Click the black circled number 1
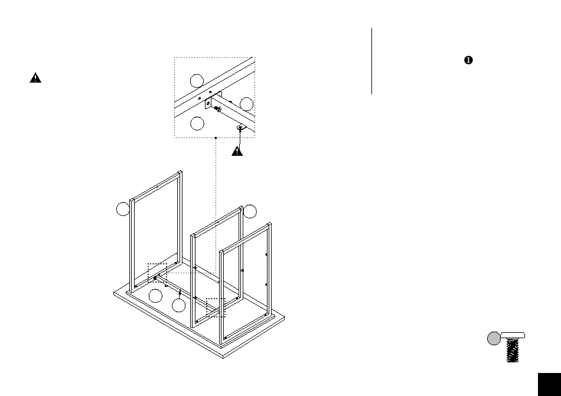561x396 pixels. click(468, 60)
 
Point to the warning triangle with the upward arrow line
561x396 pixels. click(237, 150)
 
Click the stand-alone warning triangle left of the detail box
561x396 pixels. click(35, 78)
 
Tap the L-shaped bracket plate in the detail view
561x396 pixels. click(209, 104)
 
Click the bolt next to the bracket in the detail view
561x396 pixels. click(218, 109)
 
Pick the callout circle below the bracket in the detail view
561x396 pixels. click(198, 123)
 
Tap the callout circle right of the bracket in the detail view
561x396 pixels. click(247, 104)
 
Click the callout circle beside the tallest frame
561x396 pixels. click(122, 209)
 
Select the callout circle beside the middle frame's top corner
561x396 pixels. click(250, 211)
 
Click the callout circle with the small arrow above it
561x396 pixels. click(179, 305)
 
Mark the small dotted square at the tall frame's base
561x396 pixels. click(157, 272)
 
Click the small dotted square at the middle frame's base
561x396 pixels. click(216, 307)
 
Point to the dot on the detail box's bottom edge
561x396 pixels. click(216, 138)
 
